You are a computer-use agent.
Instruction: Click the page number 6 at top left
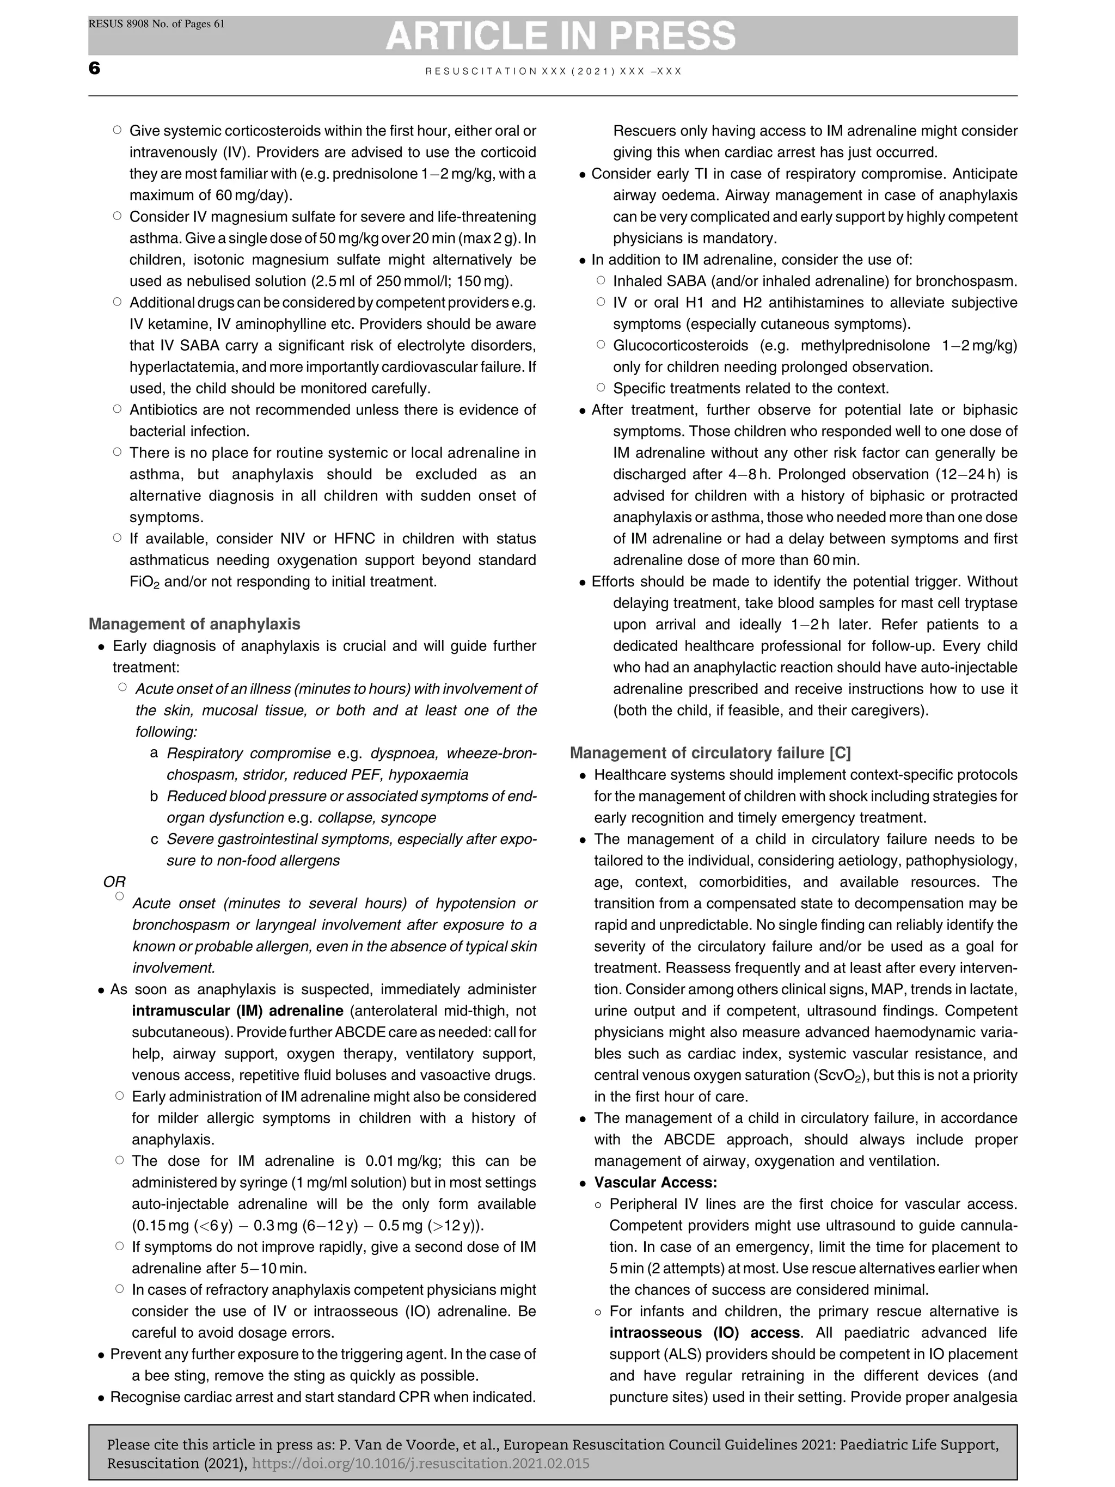tap(94, 69)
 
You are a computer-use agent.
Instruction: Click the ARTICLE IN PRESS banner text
tap(561, 35)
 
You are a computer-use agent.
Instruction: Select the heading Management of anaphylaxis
tap(194, 624)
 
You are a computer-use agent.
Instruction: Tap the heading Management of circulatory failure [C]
tap(710, 753)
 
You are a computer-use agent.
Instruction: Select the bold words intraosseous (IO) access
tap(704, 1333)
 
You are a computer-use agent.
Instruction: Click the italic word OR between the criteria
tap(114, 882)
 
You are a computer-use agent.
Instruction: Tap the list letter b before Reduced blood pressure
tap(154, 797)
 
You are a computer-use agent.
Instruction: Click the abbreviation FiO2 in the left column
tap(144, 582)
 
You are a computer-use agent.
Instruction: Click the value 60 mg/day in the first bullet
tap(252, 195)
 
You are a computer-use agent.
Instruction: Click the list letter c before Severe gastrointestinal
tap(154, 840)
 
